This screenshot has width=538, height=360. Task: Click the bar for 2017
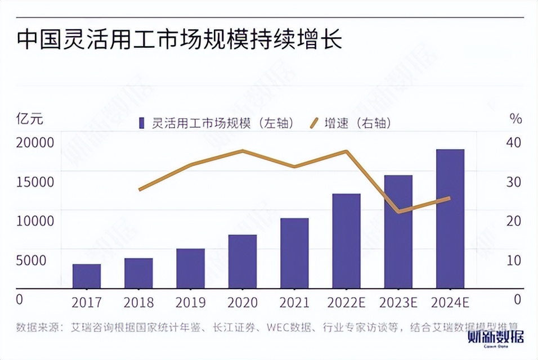[x=87, y=276]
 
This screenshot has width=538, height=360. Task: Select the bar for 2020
[x=243, y=261]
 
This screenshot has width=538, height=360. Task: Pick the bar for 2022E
[x=346, y=241]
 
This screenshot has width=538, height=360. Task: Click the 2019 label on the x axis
[x=191, y=303]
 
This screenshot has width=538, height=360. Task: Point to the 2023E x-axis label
[x=398, y=303]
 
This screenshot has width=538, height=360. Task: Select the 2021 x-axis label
[x=294, y=303]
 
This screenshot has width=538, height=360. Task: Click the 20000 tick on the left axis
[x=35, y=142]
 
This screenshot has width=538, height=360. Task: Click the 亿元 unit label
[x=29, y=119]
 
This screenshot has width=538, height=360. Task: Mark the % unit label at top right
[x=515, y=119]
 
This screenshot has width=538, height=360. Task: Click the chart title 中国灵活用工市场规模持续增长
[x=180, y=41]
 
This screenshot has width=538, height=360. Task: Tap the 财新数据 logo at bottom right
[x=496, y=340]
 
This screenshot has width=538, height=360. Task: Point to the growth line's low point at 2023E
[x=398, y=211]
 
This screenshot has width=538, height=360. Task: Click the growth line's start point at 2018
[x=139, y=190]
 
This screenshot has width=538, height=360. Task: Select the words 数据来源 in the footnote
[x=37, y=326]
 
